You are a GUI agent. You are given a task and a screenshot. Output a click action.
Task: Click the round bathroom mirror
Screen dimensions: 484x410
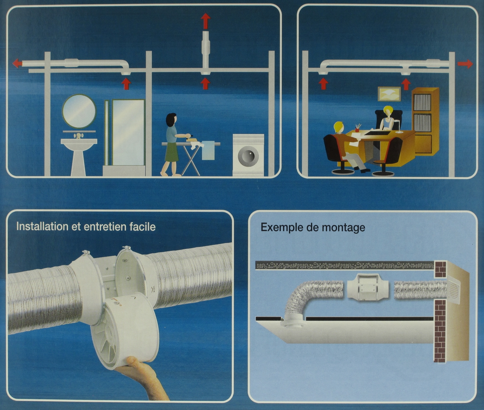click(x=79, y=111)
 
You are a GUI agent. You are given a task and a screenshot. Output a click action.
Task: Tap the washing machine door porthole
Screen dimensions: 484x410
click(x=248, y=156)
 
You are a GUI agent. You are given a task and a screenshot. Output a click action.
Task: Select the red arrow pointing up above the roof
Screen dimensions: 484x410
click(x=206, y=21)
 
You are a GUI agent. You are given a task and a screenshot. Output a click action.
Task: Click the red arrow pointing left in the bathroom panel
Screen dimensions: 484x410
click(x=17, y=63)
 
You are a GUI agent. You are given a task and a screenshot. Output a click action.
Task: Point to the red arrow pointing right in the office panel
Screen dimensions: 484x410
click(x=465, y=64)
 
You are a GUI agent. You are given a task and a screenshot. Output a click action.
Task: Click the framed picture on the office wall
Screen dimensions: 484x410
click(x=389, y=94)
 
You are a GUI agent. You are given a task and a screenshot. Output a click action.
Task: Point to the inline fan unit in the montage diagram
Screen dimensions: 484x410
click(x=368, y=290)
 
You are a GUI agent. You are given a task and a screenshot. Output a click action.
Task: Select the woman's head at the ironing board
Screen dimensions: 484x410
click(x=171, y=120)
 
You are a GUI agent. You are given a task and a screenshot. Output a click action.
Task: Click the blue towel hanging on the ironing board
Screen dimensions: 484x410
click(x=208, y=150)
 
